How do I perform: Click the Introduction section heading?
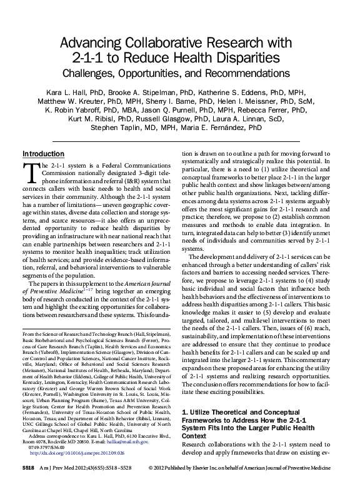tap(43, 154)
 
